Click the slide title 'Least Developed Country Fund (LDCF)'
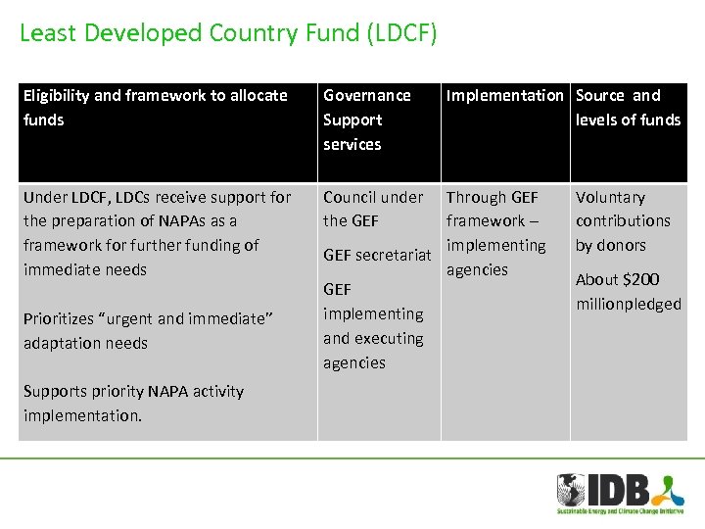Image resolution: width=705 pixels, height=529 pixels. coord(228,33)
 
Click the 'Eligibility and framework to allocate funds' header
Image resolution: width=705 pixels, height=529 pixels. coord(156,108)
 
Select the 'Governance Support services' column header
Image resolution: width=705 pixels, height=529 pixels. coord(367,120)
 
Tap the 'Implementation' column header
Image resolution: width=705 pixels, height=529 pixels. coord(504,96)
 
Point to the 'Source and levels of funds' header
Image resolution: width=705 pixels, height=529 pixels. coord(628,108)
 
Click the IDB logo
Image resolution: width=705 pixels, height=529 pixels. coord(618,493)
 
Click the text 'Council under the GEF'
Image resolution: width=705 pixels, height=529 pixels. coord(373,209)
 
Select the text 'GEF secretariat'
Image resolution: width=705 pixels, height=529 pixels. coord(377,255)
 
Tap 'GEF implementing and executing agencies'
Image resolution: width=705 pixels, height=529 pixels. coord(373,326)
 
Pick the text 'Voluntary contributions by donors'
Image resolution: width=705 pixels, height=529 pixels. coord(623,221)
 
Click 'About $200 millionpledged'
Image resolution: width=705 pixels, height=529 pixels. coord(628,292)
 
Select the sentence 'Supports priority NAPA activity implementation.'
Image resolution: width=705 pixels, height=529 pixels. coord(133,403)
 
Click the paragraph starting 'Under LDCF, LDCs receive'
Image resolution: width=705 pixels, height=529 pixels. coord(157,233)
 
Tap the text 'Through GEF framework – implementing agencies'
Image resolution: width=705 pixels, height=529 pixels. coord(496,233)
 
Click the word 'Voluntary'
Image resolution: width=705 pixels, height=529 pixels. coord(610,197)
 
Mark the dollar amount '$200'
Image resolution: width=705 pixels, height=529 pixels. coord(641,280)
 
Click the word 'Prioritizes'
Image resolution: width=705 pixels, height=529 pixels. coord(63,318)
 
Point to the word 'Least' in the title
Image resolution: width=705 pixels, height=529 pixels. coord(48,33)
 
